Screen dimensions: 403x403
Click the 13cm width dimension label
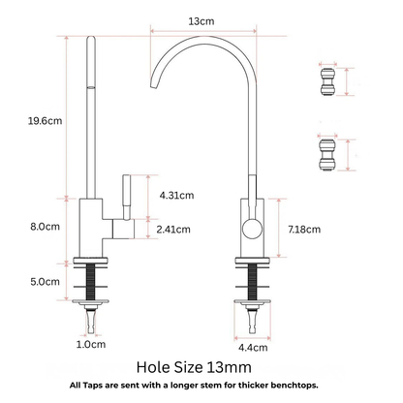202,19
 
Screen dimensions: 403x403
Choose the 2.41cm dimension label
172,230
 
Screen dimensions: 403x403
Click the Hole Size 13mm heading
201,367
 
